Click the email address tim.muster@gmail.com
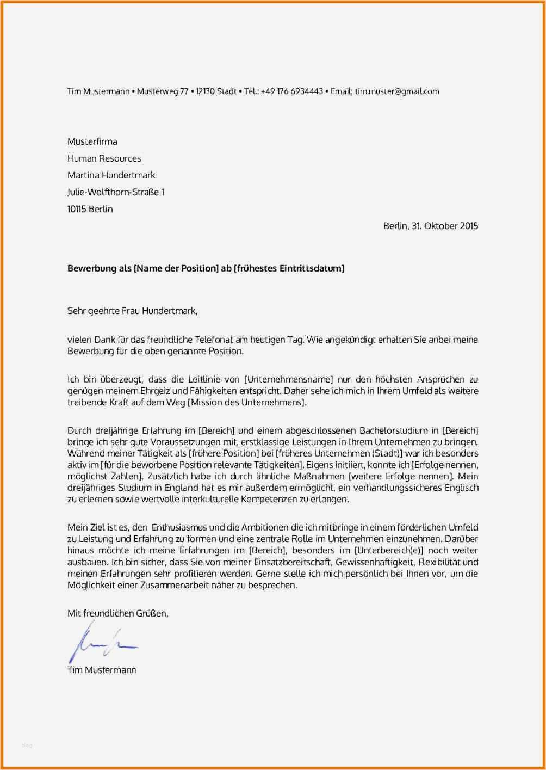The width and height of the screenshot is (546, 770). [x=397, y=91]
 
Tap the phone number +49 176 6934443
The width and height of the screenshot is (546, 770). [x=291, y=91]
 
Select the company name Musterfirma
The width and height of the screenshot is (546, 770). [x=92, y=141]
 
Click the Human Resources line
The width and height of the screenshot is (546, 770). [x=104, y=158]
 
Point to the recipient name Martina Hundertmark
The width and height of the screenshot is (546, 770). [x=111, y=175]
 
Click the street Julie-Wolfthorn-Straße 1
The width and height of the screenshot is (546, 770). [x=115, y=192]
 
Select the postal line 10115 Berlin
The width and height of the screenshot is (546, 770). [x=90, y=209]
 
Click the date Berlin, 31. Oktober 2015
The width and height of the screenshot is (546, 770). [x=430, y=226]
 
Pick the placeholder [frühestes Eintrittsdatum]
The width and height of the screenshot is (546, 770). [x=289, y=268]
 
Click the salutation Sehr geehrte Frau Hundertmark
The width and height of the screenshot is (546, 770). [x=132, y=311]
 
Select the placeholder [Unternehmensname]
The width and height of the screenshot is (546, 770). [x=288, y=379]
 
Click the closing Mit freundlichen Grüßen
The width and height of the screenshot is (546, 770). [x=117, y=613]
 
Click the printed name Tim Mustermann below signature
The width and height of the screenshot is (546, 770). [x=102, y=670]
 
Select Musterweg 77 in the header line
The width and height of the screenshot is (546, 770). [x=163, y=91]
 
